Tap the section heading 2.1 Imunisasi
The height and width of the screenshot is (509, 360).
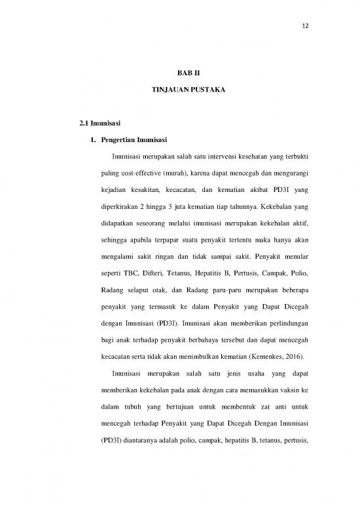97,122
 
